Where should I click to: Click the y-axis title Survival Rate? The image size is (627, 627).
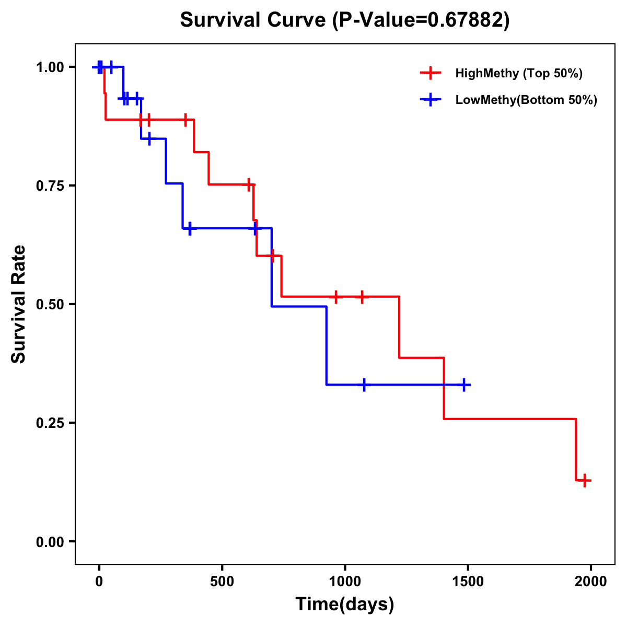click(19, 304)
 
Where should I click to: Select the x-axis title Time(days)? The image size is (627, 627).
click(345, 605)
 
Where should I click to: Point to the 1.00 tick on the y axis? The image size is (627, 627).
click(50, 67)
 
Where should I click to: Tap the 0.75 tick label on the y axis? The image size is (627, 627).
click(50, 186)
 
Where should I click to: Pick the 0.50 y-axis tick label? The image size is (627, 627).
click(50, 305)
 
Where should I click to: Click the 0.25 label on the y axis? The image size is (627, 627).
click(50, 423)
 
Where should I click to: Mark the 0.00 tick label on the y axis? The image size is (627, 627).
click(50, 542)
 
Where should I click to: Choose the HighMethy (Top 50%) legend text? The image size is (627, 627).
click(519, 73)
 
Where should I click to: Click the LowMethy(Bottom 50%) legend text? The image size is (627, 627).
click(526, 100)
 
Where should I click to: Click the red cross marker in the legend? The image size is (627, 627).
click(431, 73)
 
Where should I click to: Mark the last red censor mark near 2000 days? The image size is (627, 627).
click(585, 480)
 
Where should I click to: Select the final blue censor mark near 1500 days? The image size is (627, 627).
click(463, 385)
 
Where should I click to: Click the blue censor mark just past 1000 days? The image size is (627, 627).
click(364, 385)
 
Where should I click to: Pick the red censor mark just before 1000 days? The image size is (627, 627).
click(336, 297)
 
